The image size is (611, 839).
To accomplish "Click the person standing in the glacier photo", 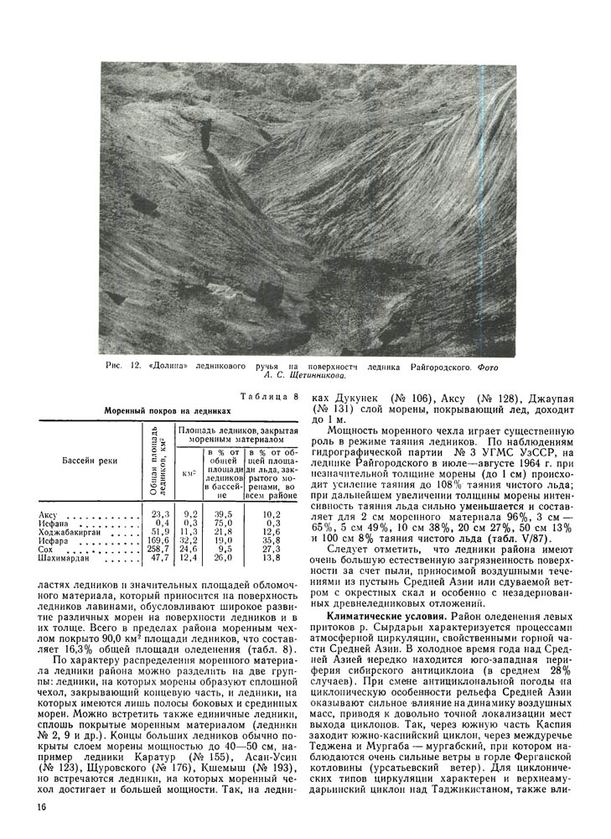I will (205, 133).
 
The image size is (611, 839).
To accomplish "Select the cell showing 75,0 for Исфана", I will (222, 523).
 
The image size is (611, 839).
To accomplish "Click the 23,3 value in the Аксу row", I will (159, 514).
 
